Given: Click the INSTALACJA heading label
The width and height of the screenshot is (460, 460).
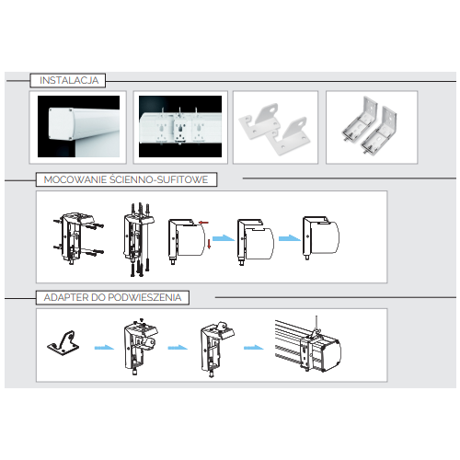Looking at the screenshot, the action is pyautogui.click(x=69, y=80).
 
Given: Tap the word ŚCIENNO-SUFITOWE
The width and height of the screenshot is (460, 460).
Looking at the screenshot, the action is pyautogui.click(x=159, y=179).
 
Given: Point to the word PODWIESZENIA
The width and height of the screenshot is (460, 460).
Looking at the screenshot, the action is pyautogui.click(x=144, y=297).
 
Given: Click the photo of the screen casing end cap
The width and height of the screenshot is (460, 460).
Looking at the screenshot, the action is pyautogui.click(x=78, y=126).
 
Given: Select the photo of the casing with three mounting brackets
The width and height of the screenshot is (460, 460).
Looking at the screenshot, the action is pyautogui.click(x=180, y=126).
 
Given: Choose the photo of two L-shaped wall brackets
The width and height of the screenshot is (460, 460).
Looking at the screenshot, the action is pyautogui.click(x=372, y=126).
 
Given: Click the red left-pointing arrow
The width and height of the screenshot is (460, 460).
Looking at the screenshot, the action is pyautogui.click(x=203, y=222).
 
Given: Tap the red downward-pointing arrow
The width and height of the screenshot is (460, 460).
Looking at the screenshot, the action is pyautogui.click(x=209, y=244).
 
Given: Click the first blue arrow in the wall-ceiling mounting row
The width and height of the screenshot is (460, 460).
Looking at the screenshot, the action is pyautogui.click(x=224, y=238).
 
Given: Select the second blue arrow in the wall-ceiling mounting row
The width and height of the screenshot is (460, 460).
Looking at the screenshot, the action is pyautogui.click(x=290, y=238).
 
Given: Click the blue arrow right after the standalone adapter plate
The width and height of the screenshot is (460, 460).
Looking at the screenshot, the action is pyautogui.click(x=104, y=348).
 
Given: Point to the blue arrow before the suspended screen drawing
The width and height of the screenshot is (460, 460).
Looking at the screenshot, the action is pyautogui.click(x=254, y=348).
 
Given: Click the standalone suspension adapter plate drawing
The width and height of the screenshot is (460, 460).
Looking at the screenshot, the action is pyautogui.click(x=63, y=343).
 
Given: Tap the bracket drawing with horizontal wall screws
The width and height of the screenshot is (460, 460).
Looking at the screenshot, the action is pyautogui.click(x=78, y=238).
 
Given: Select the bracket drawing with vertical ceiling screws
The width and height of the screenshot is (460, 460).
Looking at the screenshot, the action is pyautogui.click(x=139, y=240).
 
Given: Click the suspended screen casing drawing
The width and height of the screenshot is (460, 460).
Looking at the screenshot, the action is pyautogui.click(x=308, y=344).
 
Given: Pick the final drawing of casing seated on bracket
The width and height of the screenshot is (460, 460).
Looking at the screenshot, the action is pyautogui.click(x=321, y=238).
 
